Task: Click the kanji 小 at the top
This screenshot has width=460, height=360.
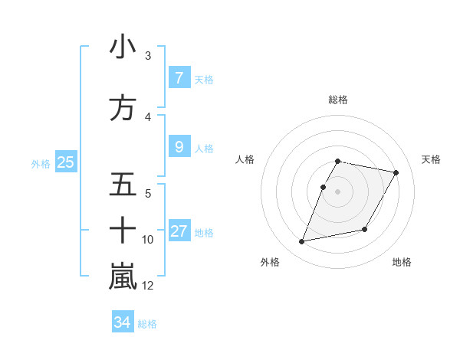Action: [x=123, y=47]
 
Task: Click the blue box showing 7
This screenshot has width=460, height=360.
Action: [x=179, y=78]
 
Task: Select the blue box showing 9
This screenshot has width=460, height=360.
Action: [x=179, y=147]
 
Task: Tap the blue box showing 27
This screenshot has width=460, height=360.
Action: [x=179, y=231]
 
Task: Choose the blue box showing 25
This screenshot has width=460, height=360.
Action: [x=65, y=162]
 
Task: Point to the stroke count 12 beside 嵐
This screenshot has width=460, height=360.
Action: [x=148, y=286]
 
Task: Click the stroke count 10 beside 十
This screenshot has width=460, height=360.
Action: [x=148, y=240]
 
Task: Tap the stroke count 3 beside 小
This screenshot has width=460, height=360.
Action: [x=148, y=56]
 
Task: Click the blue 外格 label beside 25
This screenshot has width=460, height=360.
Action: [x=41, y=163]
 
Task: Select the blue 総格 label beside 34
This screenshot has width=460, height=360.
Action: [x=147, y=324]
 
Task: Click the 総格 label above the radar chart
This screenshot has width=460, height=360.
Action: [x=338, y=100]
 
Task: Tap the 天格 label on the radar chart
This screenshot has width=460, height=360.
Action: [x=432, y=159]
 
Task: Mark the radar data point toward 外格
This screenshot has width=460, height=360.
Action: [x=302, y=242]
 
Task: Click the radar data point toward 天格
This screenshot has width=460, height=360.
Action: [x=396, y=173]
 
